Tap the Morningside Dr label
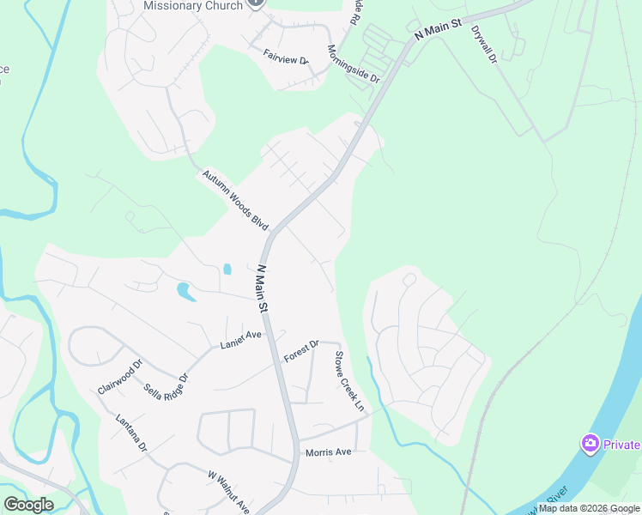coord(353,64)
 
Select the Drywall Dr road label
coord(484,44)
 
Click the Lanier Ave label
coord(240,339)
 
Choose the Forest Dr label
coord(301,350)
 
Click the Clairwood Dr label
coord(117,377)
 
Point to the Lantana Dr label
coord(132,433)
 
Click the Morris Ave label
coord(328,452)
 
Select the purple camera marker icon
coord(590,444)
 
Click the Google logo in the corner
coord(28,504)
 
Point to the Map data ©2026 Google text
coord(589,508)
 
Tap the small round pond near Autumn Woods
coord(227,269)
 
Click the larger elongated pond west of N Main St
coord(185,292)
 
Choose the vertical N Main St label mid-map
coord(263,288)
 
